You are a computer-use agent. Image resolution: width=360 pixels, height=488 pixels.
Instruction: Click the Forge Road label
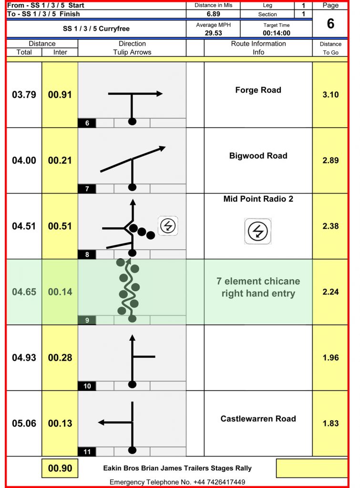click(258, 90)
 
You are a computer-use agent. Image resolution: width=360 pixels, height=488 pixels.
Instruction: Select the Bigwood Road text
click(258, 156)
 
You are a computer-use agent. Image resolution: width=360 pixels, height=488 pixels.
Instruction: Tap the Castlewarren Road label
click(258, 418)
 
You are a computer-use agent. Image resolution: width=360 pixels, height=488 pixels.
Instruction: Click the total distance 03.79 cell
click(24, 95)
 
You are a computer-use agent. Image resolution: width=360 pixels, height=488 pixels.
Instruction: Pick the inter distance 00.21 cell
click(60, 160)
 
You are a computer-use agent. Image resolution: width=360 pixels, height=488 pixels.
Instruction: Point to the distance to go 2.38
click(330, 226)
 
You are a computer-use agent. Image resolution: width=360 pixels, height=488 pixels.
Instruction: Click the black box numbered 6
click(87, 123)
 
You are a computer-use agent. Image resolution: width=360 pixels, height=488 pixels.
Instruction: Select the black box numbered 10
click(87, 386)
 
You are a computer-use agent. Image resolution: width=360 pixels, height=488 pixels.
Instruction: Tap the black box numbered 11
click(87, 452)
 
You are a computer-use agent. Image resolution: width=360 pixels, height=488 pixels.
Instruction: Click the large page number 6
click(330, 24)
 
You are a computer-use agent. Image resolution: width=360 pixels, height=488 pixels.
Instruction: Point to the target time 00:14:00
click(276, 33)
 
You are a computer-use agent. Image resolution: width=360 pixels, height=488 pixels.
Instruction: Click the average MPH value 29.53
click(213, 33)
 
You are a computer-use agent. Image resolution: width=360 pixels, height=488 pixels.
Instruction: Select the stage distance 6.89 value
click(213, 14)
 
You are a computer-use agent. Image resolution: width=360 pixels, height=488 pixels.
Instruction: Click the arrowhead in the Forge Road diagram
click(159, 93)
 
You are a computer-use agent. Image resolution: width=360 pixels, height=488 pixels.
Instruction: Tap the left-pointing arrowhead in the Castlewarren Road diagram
click(101, 422)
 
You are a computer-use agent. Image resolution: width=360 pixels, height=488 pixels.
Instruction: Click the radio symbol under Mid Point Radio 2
click(258, 231)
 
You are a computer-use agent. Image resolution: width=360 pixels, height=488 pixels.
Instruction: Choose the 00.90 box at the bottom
click(60, 468)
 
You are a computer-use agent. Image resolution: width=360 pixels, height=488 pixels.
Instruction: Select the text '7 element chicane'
click(258, 281)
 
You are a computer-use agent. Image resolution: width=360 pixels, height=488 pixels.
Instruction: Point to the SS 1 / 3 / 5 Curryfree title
click(96, 29)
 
